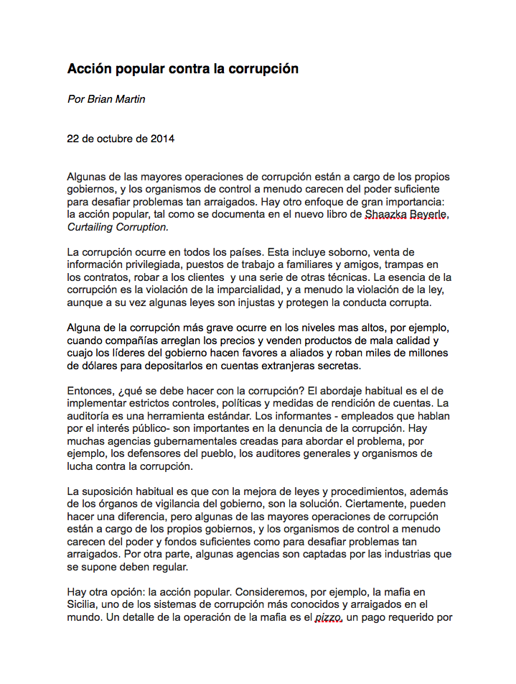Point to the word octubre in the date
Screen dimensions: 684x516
114,139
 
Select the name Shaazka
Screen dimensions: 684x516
386,213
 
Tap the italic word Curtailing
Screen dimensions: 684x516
93,226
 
